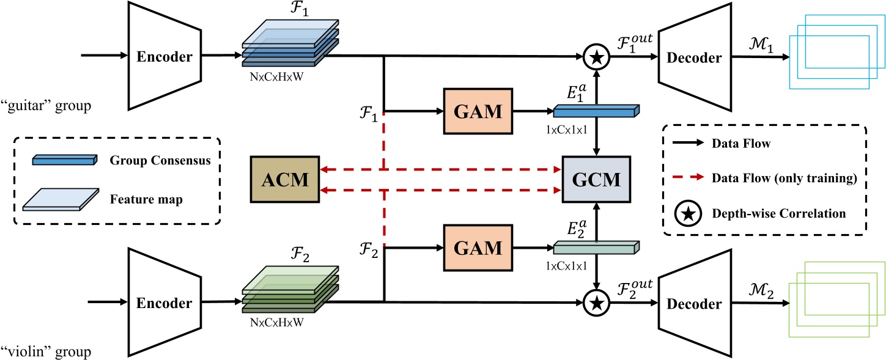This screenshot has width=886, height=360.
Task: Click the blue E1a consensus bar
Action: [x=596, y=111]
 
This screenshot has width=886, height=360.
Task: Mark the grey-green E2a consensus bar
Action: [x=596, y=247]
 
